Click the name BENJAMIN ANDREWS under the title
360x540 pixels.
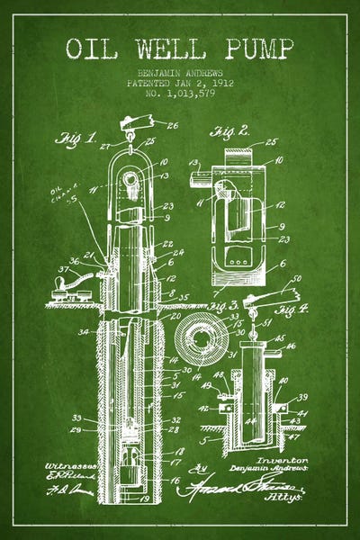180,70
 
